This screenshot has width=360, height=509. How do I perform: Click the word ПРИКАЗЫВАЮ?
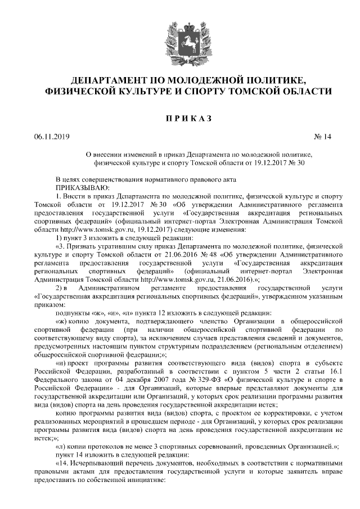(83, 187)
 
